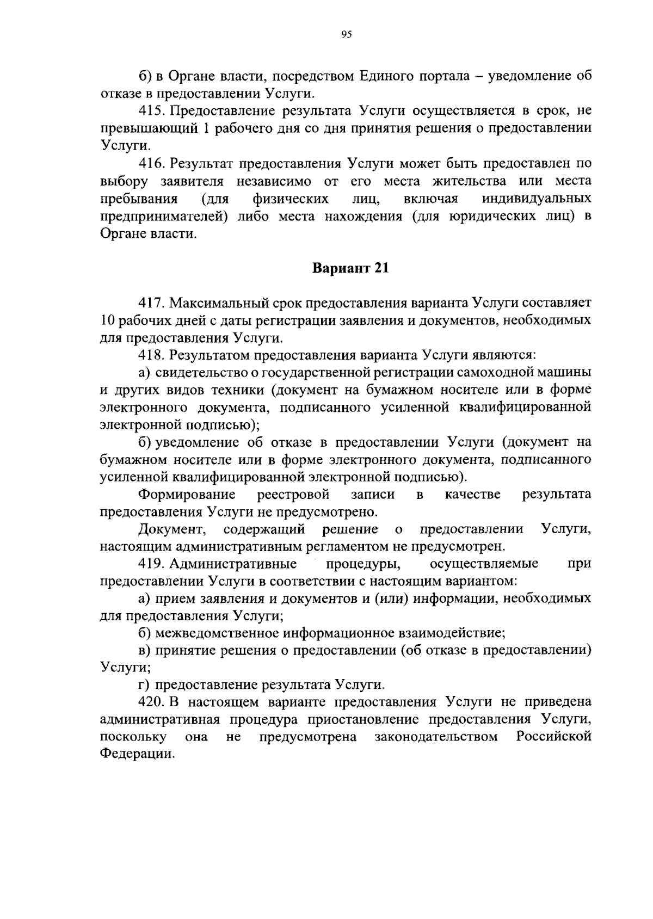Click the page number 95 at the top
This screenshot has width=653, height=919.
click(x=347, y=35)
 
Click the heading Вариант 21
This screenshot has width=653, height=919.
click(x=350, y=268)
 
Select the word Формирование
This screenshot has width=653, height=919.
click(x=187, y=495)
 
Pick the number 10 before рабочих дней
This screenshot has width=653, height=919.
click(x=107, y=320)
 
